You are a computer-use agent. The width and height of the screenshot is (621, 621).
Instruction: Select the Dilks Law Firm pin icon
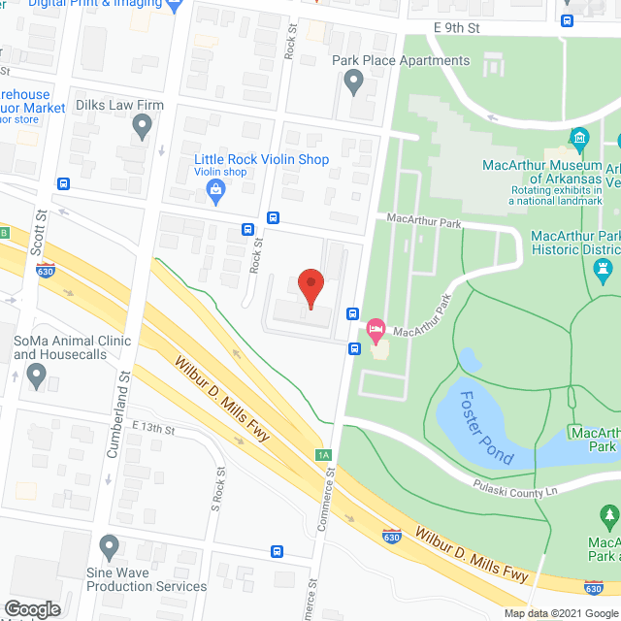[144, 124]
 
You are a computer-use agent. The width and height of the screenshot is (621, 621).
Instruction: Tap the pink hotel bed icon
[376, 332]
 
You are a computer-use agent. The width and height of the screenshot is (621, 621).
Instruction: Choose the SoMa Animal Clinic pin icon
[38, 375]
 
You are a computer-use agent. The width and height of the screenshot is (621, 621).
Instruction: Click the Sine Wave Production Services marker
[109, 548]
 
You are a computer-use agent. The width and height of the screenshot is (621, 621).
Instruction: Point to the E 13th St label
[152, 428]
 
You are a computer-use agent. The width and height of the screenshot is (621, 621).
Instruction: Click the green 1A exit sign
[323, 454]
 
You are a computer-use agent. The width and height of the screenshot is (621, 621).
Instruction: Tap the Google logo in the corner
[31, 608]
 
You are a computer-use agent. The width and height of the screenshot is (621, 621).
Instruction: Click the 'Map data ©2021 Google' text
[560, 613]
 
